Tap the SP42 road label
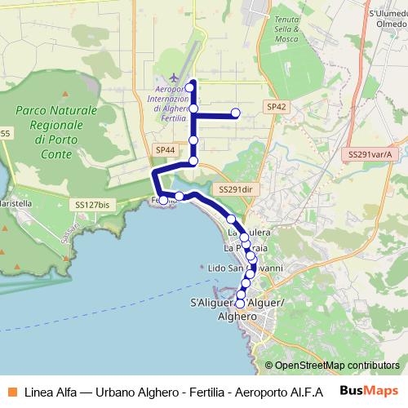276,106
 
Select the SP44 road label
165,149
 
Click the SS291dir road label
233,188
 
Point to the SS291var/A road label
370,153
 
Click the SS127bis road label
91,205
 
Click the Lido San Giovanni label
245,268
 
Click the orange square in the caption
11,390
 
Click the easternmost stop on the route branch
236,113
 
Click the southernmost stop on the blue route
240,304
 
